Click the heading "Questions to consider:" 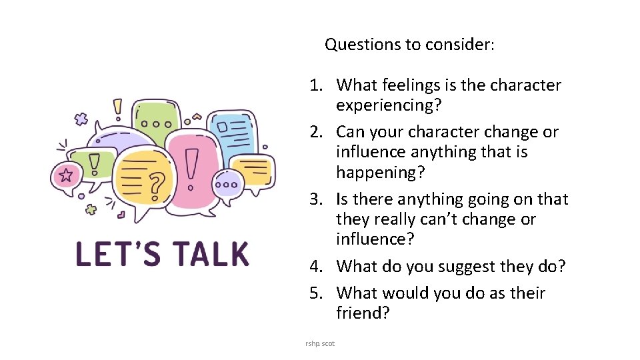pos(409,45)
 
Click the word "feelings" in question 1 pos(413,85)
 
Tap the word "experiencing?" pos(390,105)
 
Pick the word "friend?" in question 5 pos(363,313)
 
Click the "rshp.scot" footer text pos(320,343)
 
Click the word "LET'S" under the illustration pos(113,255)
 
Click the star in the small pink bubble pos(66,175)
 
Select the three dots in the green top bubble pos(157,123)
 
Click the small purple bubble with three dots pos(230,185)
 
